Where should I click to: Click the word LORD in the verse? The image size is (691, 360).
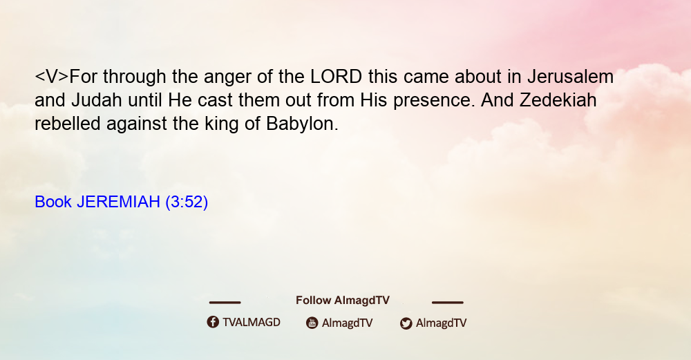337,77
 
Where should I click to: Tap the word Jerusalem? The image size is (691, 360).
570,77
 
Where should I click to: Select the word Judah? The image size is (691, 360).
97,100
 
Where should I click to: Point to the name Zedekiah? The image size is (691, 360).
558,100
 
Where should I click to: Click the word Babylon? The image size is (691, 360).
302,124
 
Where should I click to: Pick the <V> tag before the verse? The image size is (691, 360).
52,77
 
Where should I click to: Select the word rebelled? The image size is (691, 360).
68,124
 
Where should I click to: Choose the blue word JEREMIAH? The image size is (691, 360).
119,202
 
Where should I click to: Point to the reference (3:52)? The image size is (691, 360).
187,202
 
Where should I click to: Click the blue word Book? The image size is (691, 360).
53,202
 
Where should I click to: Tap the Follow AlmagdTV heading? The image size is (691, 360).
343,301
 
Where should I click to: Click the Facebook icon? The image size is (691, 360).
213,322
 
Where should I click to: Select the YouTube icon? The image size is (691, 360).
312,323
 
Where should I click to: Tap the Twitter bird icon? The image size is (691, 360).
406,323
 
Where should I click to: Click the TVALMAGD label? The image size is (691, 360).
252,323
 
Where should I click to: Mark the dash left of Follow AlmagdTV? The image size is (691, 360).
225,303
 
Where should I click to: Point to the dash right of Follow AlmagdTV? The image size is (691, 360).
447,303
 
